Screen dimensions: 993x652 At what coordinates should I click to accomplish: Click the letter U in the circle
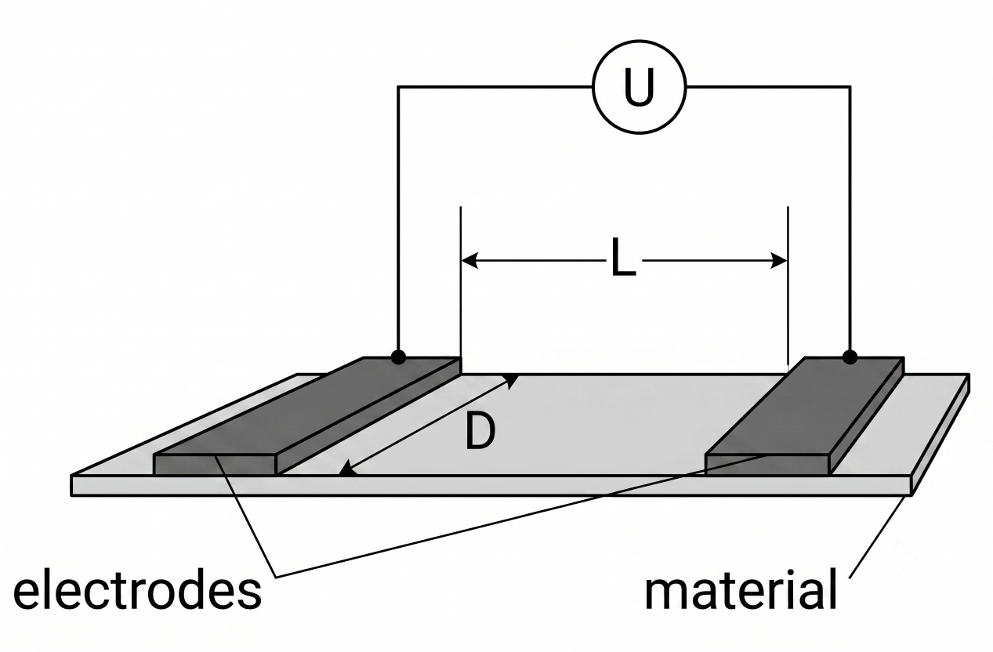tap(639, 87)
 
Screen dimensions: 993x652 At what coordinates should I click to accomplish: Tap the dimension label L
tap(623, 258)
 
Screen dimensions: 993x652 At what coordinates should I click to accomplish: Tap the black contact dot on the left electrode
tap(398, 357)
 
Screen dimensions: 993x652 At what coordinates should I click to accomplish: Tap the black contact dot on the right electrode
tap(850, 357)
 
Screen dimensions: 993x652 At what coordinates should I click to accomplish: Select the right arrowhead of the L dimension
tap(779, 260)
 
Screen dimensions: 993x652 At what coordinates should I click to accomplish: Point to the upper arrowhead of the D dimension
tap(512, 380)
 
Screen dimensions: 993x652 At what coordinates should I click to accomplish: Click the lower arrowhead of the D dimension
tap(348, 469)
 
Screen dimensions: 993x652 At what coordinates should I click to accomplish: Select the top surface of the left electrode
tap(306, 406)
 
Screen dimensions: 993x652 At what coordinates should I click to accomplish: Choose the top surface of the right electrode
tap(803, 406)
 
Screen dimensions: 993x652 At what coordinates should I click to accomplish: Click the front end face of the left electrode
tap(215, 465)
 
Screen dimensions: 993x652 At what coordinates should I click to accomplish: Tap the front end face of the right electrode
tap(766, 465)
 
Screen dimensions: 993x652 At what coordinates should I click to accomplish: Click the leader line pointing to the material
tap(877, 537)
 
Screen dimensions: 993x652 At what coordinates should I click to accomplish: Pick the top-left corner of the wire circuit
tap(398, 87)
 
